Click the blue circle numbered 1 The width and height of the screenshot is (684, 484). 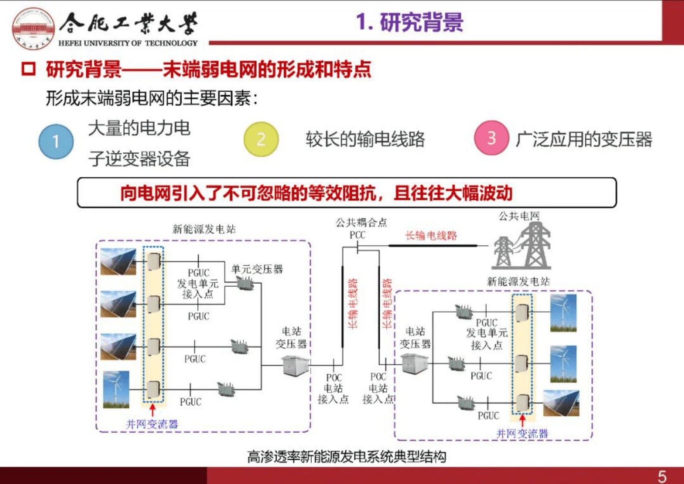(56, 141)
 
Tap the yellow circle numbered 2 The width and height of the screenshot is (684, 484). (261, 139)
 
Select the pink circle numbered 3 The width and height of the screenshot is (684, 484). (491, 138)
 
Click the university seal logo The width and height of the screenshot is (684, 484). (33, 28)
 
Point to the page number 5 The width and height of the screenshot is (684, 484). (662, 476)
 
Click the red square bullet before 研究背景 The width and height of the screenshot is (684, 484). (28, 69)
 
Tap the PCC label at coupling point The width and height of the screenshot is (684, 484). (357, 235)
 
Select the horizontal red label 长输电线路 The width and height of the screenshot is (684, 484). (431, 236)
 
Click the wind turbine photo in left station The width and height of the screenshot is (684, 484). (116, 389)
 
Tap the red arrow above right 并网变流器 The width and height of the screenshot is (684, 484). (522, 420)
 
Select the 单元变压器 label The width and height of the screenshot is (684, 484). (257, 270)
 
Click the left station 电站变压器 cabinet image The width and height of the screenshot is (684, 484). (296, 366)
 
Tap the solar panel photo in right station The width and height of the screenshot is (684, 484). (561, 403)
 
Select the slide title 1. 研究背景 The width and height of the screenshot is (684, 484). (409, 22)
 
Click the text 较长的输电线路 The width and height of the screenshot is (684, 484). (365, 139)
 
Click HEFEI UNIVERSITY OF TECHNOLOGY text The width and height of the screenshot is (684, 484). (128, 43)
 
